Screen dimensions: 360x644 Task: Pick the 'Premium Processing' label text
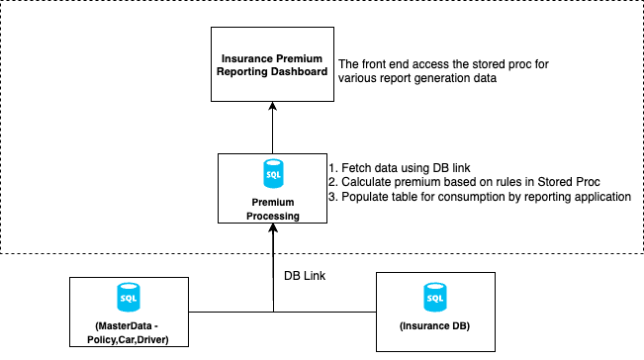coord(272,208)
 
